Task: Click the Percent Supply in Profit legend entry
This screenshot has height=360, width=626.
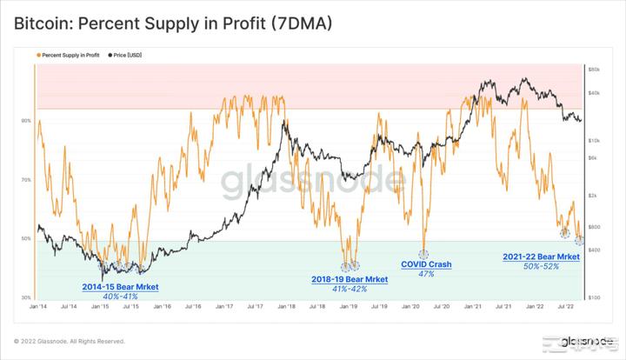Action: [x=69, y=55]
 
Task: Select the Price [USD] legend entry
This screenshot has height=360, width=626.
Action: [x=127, y=55]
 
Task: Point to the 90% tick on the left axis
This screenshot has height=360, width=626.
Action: [x=26, y=121]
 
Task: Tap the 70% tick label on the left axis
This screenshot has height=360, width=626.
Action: [x=26, y=180]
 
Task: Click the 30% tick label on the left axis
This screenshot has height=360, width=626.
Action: [x=26, y=297]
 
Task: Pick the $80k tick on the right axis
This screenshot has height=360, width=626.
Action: [x=595, y=69]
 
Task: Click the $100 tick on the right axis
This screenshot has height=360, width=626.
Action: [x=595, y=297]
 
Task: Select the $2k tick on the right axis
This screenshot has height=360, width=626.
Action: [x=594, y=195]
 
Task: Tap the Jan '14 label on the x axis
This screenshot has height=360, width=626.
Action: [x=38, y=307]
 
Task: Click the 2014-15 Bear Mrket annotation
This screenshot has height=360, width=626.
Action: [x=121, y=286]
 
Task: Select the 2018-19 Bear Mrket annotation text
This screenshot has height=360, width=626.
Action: [x=350, y=278]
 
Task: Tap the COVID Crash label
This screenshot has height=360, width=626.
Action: [x=426, y=264]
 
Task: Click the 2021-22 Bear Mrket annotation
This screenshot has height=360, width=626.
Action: [x=541, y=257]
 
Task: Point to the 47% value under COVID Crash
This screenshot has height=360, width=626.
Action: [x=426, y=274]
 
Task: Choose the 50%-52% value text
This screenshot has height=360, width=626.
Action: [x=541, y=266]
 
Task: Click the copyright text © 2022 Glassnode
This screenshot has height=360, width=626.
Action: [x=70, y=341]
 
